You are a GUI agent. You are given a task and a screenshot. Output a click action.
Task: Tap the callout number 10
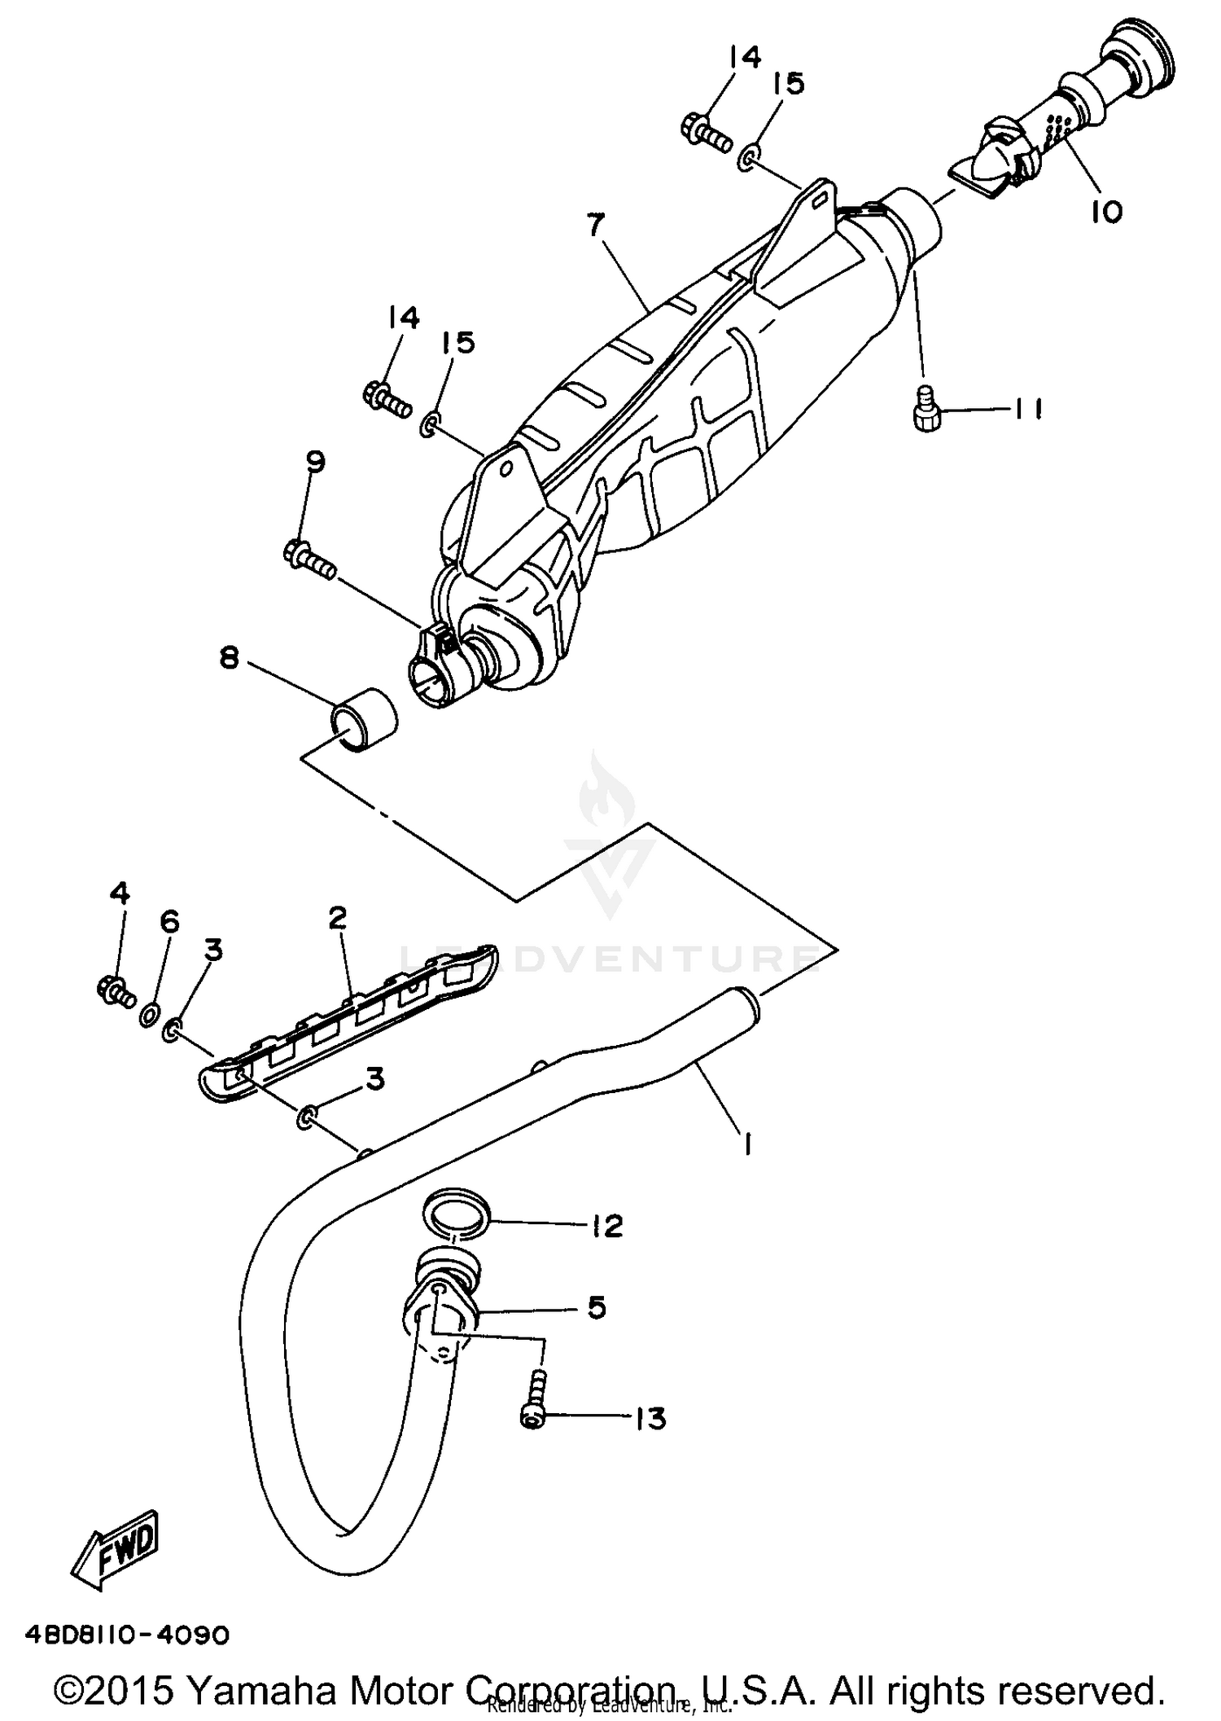[x=1106, y=212]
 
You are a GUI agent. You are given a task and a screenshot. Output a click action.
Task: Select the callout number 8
[x=230, y=658]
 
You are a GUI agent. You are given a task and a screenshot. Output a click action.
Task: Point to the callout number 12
[x=606, y=1226]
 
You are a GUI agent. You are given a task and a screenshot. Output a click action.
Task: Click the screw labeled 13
[x=533, y=1400]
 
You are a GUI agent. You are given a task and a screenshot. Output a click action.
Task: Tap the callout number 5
[x=596, y=1309]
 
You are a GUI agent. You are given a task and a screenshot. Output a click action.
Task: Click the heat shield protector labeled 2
[x=350, y=1026]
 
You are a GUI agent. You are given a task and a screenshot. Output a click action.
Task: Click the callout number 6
[x=168, y=921]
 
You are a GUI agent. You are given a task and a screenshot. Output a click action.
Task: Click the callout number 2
[x=338, y=918]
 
